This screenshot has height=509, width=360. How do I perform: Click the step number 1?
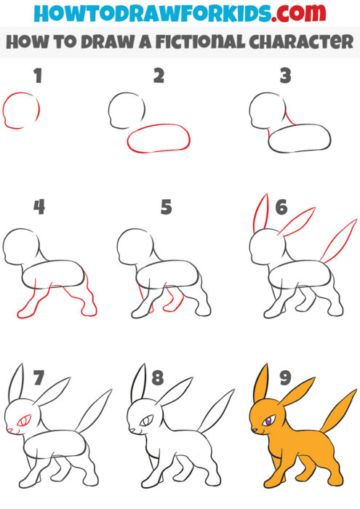click(x=37, y=76)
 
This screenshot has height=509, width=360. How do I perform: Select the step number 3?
click(x=286, y=76)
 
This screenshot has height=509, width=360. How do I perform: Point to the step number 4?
click(x=39, y=207)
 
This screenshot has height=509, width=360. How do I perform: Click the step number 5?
click(x=165, y=207)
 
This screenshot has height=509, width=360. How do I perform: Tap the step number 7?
click(x=39, y=377)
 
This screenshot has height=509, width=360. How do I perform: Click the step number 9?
click(x=284, y=377)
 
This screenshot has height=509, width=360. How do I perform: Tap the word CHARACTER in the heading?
click(x=298, y=41)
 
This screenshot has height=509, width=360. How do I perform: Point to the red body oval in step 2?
click(x=159, y=137)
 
